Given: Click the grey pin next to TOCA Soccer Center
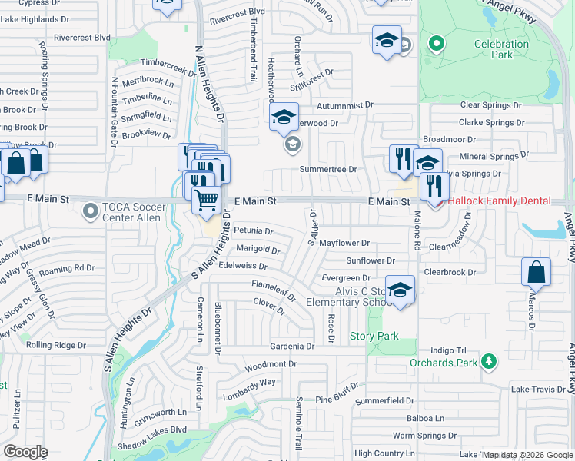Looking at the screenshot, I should (x=91, y=209).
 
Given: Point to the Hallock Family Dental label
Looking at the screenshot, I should (x=500, y=201).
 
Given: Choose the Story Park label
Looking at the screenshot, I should (x=374, y=336).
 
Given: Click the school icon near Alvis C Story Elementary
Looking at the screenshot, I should (x=400, y=290).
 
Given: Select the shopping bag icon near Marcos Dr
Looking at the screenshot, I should (x=536, y=272).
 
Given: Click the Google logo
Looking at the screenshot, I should (x=25, y=452).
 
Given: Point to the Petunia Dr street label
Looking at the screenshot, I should (x=254, y=230).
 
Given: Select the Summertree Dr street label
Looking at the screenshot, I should (x=328, y=169).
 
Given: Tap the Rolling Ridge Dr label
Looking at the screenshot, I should (x=55, y=346).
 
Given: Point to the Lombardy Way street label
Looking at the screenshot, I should (x=250, y=389).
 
